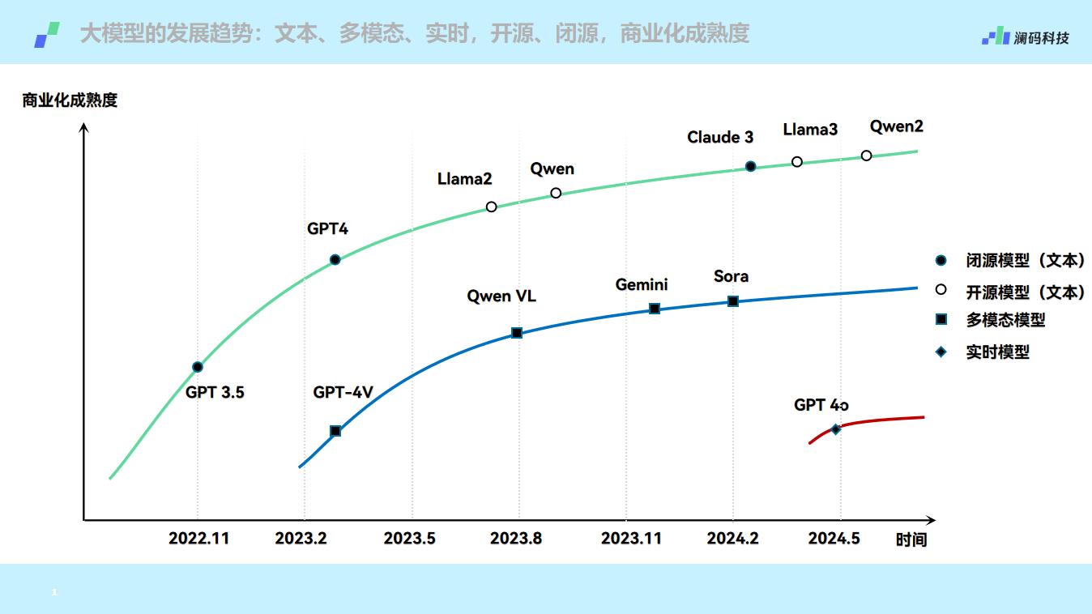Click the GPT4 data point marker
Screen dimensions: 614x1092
[x=335, y=260]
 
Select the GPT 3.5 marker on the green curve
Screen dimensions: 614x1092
[x=197, y=367]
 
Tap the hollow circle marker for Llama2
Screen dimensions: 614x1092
[x=491, y=207]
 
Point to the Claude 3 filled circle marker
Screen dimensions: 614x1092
[x=750, y=166]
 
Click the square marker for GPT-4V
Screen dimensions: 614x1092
[x=335, y=431]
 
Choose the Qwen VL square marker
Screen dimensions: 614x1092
[x=517, y=333]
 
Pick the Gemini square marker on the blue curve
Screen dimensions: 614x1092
[x=655, y=309]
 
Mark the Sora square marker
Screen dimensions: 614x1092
[x=733, y=301]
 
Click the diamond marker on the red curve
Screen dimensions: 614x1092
[x=835, y=429]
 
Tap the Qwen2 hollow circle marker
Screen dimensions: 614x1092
[x=866, y=156]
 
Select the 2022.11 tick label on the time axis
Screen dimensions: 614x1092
[x=198, y=539]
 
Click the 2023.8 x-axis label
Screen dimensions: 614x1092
[x=516, y=539]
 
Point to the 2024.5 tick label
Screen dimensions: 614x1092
[x=834, y=539]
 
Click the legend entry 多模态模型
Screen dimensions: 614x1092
[x=1005, y=320]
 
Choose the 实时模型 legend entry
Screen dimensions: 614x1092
[x=997, y=352]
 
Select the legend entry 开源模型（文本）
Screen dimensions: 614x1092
[x=1025, y=292]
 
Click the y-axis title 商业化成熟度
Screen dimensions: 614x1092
[x=70, y=100]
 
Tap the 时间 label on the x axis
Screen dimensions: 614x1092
[x=911, y=540]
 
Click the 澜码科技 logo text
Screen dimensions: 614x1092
[x=1041, y=38]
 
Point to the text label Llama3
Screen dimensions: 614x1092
[x=810, y=130]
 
